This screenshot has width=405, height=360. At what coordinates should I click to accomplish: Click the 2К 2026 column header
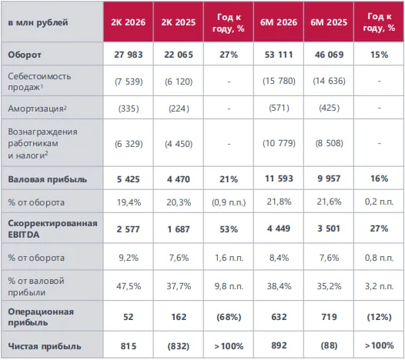(129, 22)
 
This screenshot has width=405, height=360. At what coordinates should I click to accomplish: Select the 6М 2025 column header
(329, 22)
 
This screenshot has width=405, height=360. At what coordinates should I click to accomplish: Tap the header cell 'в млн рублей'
(38, 22)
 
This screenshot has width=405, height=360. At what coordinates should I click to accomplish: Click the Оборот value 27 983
(129, 55)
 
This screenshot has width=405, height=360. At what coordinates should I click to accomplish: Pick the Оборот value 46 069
(329, 55)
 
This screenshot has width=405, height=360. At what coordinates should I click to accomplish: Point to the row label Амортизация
(37, 108)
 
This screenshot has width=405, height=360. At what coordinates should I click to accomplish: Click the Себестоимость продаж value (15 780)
(279, 81)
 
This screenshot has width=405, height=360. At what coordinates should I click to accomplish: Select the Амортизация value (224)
(179, 108)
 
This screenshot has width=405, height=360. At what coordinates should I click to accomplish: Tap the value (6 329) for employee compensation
(129, 144)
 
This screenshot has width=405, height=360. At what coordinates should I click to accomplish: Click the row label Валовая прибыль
(47, 179)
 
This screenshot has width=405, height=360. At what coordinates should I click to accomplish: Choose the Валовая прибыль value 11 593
(279, 178)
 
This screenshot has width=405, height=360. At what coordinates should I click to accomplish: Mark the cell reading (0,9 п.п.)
(229, 202)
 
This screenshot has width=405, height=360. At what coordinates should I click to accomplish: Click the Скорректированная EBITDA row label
(52, 229)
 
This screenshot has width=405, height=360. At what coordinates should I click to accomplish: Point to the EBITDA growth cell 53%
(229, 229)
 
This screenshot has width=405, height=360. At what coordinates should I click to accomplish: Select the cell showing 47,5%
(129, 286)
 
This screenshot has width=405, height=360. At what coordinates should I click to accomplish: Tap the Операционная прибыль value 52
(129, 317)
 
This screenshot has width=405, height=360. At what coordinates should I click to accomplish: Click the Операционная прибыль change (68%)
(229, 317)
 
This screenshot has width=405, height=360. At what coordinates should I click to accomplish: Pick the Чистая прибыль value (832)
(179, 346)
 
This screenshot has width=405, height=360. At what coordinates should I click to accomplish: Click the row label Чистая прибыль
(45, 346)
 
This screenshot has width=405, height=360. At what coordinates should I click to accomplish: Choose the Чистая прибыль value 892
(279, 345)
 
